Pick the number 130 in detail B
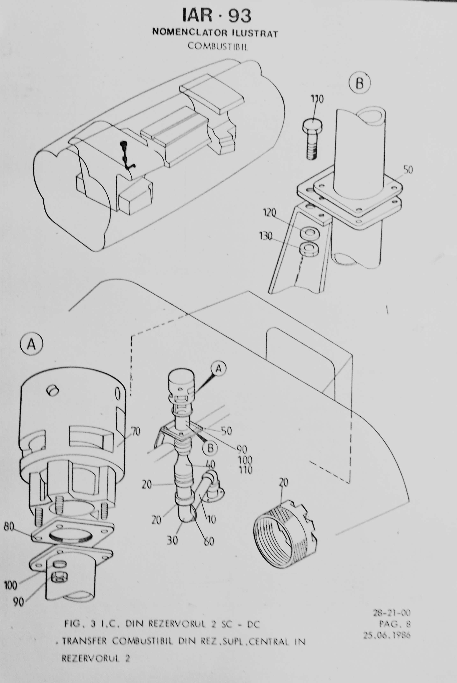(266, 236)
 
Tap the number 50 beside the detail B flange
(408, 170)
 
